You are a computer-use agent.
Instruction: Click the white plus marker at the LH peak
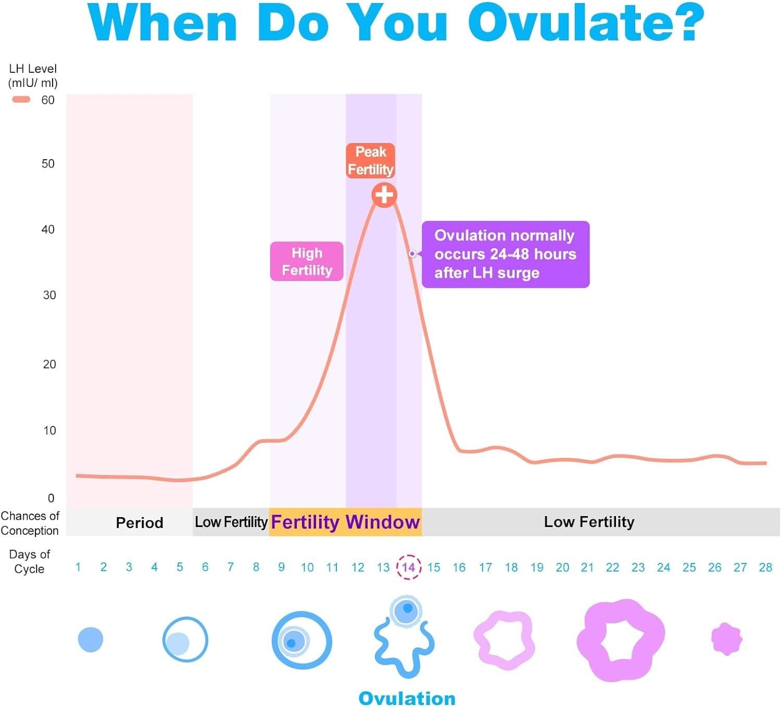coord(384,195)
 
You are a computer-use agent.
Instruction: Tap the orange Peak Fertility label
coord(370,161)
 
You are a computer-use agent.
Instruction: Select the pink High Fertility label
coord(307,261)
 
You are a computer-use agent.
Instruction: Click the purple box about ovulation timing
coord(505,254)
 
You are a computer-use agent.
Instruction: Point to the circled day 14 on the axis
coord(409,567)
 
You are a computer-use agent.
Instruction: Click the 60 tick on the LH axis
coord(48,100)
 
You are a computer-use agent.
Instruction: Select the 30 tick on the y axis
coord(49,295)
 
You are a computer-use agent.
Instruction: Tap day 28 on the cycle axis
coord(765,567)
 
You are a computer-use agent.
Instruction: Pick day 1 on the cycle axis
coord(78,567)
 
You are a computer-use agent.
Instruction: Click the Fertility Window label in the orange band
coord(345,522)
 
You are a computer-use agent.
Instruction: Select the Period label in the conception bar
coord(139,522)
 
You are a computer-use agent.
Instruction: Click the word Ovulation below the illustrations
coord(407,698)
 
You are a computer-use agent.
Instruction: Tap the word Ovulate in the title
coord(586,23)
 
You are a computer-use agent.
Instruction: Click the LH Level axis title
coord(33,75)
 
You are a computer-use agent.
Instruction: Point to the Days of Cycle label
coord(29,561)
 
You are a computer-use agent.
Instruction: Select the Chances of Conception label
coord(30,523)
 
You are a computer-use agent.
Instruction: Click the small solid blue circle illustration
coord(91,639)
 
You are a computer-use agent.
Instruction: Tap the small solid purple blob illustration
coord(726,638)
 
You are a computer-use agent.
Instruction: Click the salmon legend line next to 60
coord(21,99)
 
